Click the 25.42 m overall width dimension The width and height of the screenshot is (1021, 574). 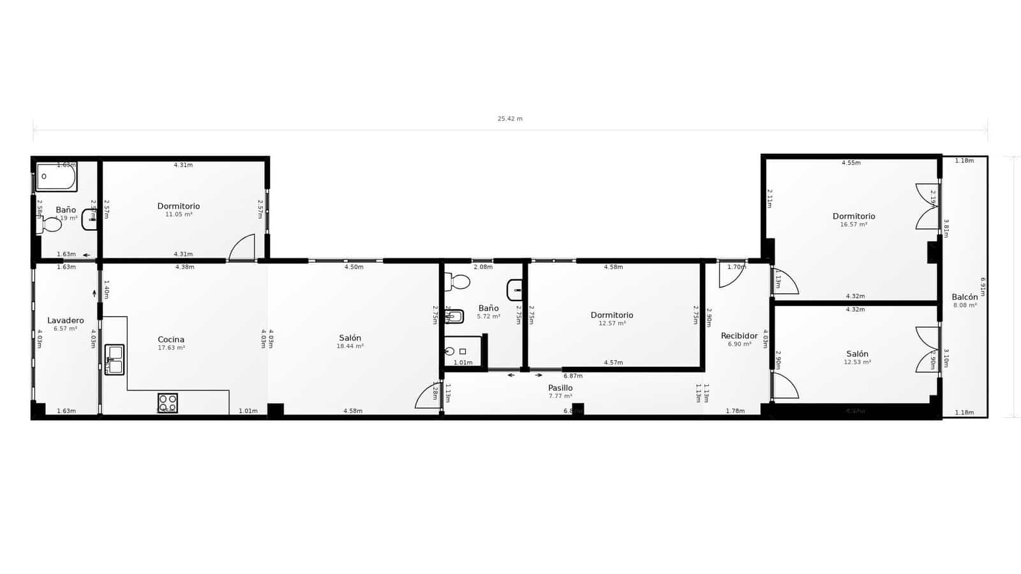coord(510,119)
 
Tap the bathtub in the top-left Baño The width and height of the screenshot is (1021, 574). coord(56,177)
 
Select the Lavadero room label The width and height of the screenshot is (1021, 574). coord(65,320)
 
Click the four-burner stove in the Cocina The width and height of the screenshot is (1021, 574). coord(168,403)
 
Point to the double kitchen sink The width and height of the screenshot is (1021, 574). coord(115,360)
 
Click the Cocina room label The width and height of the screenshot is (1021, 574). coord(171,339)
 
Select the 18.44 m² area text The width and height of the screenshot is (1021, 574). coord(350,346)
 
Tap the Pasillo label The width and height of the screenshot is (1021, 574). coord(560,388)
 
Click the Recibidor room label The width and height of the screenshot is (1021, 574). coord(739,335)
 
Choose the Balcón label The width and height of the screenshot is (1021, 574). coord(964,297)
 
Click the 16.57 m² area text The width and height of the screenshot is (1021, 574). coord(853,224)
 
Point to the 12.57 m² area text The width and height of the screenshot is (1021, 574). coord(612,323)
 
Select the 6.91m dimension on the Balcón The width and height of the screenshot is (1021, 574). coord(983,286)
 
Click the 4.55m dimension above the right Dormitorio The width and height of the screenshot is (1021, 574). coord(851,163)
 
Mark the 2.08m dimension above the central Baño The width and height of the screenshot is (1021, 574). coord(483,267)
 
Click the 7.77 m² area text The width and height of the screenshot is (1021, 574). coord(560,396)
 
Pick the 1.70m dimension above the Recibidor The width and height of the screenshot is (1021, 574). coord(736,267)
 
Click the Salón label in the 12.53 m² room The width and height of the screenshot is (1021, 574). coord(857,354)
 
